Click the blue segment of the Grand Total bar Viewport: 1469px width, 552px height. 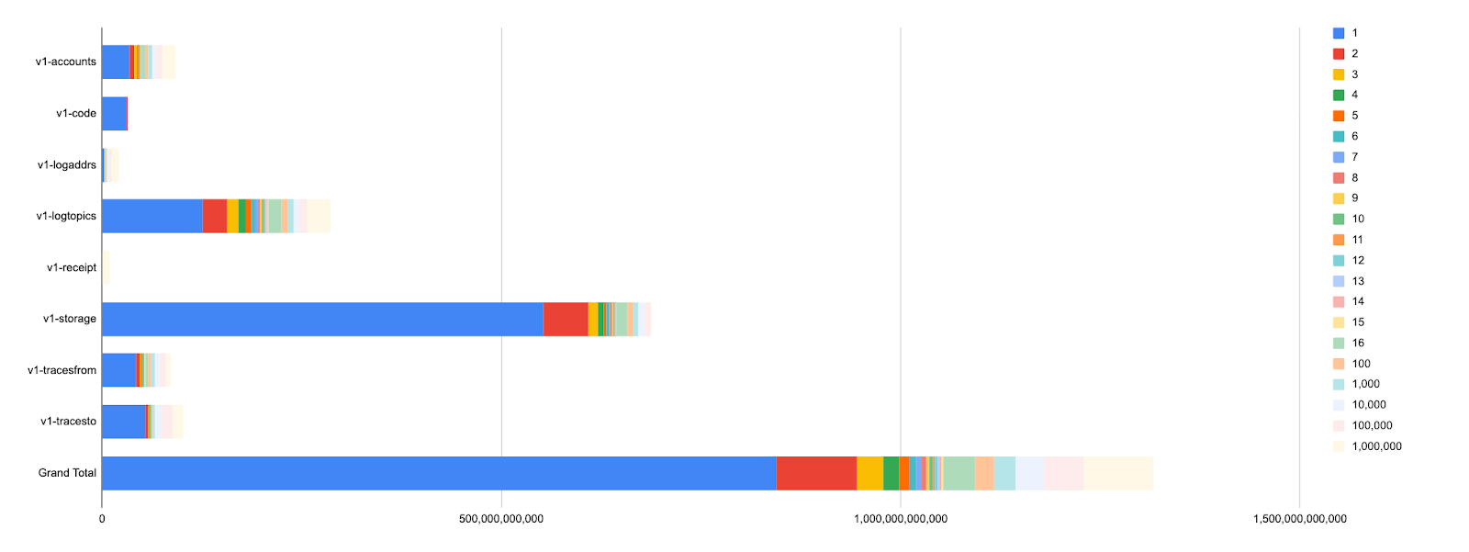click(x=439, y=473)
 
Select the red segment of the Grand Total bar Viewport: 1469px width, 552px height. click(x=816, y=473)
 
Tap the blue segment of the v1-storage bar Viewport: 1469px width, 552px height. click(x=322, y=319)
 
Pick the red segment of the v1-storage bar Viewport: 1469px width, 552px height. click(x=566, y=319)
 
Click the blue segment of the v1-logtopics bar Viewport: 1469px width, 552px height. click(x=152, y=216)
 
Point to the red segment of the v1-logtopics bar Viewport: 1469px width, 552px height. click(x=215, y=216)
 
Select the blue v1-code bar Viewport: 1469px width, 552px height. click(x=114, y=114)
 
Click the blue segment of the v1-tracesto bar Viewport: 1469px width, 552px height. click(x=124, y=422)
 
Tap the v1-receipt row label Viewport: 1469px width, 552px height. click(x=72, y=268)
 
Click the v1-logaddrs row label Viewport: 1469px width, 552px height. click(x=67, y=165)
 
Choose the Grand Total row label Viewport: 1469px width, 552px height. click(x=67, y=473)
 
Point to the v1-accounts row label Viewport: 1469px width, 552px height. click(x=66, y=62)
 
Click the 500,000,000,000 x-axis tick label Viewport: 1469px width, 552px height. click(x=501, y=519)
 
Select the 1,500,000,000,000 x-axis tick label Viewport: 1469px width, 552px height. click(x=1299, y=519)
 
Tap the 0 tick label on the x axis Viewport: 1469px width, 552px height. click(x=102, y=519)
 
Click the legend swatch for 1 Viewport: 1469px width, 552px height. click(x=1339, y=33)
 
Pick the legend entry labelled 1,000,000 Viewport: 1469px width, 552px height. click(x=1376, y=446)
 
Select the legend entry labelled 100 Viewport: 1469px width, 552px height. click(x=1361, y=364)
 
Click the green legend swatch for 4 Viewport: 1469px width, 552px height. click(x=1339, y=95)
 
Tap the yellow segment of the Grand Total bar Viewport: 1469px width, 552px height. click(x=869, y=473)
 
